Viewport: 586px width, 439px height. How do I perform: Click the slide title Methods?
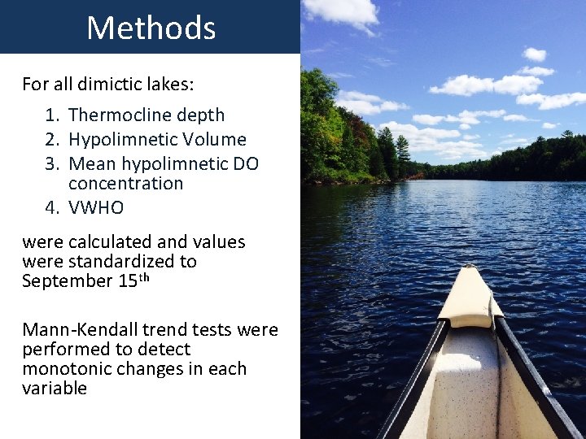pyautogui.click(x=151, y=28)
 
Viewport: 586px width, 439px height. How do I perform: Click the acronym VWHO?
pyautogui.click(x=96, y=208)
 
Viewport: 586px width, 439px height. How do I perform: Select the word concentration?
pyautogui.click(x=125, y=184)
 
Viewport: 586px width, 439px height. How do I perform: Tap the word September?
pyautogui.click(x=67, y=281)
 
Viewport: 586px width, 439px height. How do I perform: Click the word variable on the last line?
pyautogui.click(x=54, y=389)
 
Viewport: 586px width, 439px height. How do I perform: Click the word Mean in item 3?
pyautogui.click(x=92, y=164)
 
